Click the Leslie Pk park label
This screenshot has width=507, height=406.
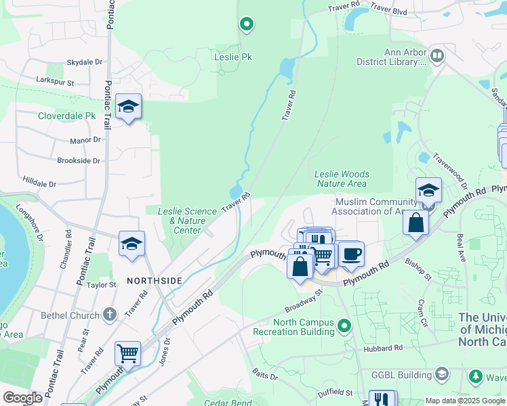click(x=232, y=57)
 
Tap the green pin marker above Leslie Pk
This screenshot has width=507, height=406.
click(x=247, y=26)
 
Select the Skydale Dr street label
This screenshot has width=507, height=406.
click(x=84, y=62)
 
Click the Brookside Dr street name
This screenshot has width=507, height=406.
click(x=79, y=161)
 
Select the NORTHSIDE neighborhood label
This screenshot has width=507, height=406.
click(x=154, y=280)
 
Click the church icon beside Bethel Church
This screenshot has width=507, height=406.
click(x=110, y=315)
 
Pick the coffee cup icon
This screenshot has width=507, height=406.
click(x=350, y=254)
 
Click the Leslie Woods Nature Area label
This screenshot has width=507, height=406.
click(x=342, y=179)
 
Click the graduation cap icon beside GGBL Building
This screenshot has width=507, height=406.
click(x=442, y=374)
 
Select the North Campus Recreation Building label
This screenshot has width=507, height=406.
click(x=294, y=327)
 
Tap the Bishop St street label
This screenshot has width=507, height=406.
click(x=419, y=268)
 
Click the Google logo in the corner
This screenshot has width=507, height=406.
click(x=22, y=398)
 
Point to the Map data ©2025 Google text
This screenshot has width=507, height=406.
click(x=464, y=401)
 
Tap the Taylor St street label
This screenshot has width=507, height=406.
click(x=101, y=286)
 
